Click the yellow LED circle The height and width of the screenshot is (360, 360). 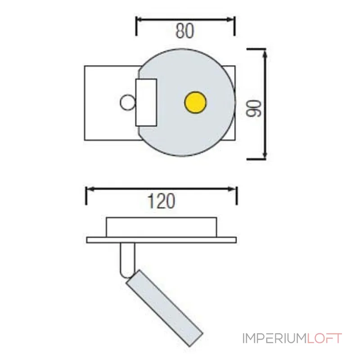(x=195, y=102)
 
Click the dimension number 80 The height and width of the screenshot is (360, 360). (x=184, y=31)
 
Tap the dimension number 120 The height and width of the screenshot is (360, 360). (x=162, y=201)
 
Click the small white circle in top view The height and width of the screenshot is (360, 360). (x=127, y=103)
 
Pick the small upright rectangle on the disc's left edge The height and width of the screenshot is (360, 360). (x=146, y=103)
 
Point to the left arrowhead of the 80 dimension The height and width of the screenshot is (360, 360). (x=139, y=20)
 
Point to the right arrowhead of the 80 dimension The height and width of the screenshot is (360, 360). (x=231, y=20)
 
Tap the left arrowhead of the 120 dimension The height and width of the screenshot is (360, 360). (x=89, y=189)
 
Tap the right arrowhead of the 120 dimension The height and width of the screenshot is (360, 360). (x=234, y=189)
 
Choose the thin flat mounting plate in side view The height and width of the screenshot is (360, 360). (x=161, y=240)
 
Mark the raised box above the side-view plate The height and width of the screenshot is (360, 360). (x=161, y=227)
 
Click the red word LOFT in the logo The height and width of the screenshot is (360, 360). (x=325, y=338)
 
